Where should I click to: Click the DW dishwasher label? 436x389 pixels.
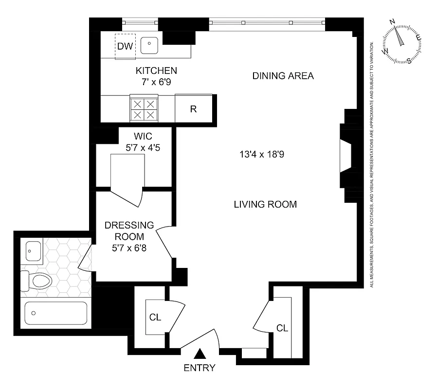click(125, 47)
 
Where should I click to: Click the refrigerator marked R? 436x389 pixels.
click(193, 109)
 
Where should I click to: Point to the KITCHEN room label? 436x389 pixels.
click(156, 71)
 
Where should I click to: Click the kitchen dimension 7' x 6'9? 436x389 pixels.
click(156, 82)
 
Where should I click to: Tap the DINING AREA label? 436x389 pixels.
click(283, 76)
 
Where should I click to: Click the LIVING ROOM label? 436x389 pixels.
click(265, 204)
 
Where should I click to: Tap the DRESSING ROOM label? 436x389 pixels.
click(129, 231)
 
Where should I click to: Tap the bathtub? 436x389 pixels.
click(56, 313)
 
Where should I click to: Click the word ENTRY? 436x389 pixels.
click(200, 368)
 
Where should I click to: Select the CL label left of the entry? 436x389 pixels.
click(155, 317)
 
